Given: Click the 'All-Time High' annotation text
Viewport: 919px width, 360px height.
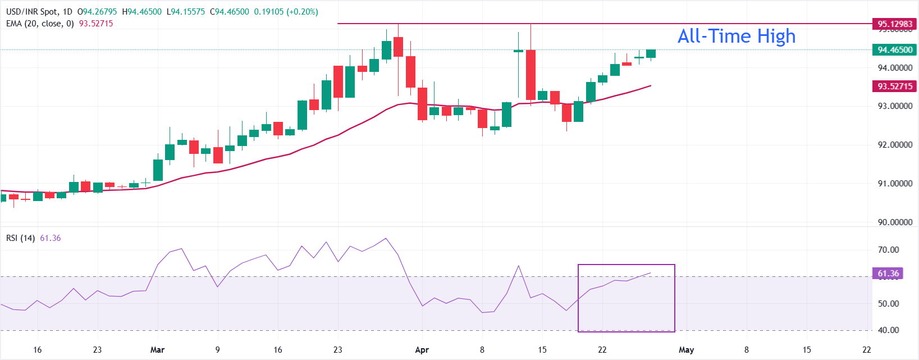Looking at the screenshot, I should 736,37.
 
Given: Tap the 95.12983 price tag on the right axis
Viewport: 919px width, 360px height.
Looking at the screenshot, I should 895,24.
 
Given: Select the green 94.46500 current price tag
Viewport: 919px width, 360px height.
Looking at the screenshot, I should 895,50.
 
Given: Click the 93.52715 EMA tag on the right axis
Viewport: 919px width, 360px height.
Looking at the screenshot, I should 895,86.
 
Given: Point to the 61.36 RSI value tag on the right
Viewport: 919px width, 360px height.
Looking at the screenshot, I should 888,274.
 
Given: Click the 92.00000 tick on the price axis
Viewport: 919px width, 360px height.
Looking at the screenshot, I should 895,145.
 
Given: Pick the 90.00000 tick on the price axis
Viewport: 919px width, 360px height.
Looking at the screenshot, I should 895,222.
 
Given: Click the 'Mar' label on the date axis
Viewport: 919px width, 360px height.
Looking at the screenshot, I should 158,350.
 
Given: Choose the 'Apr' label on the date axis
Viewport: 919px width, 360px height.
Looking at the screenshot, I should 422,350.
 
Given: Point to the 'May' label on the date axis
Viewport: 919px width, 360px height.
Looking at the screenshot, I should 686,350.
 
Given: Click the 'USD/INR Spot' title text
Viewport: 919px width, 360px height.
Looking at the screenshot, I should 31,12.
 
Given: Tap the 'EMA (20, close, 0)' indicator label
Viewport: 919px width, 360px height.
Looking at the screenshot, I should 40,24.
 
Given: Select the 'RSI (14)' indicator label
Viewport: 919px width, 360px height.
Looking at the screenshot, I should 20,238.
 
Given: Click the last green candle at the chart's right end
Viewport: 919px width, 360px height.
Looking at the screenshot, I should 651,54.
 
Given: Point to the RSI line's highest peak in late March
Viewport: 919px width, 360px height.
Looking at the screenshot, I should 386,238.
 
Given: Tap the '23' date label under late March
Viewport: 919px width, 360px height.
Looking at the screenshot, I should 337,350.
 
